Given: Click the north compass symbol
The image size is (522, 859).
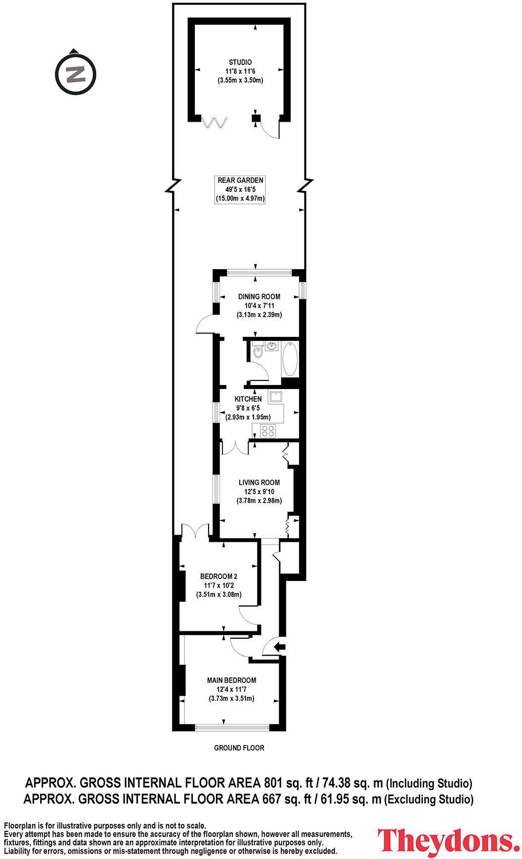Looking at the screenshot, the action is (x=75, y=74).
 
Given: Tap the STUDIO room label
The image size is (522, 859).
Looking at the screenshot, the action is (x=240, y=62).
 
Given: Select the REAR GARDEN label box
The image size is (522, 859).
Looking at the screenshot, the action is (x=240, y=190).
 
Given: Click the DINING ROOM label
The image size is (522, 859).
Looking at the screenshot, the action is (x=259, y=296).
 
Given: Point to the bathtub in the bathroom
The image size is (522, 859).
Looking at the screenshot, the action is (x=290, y=358).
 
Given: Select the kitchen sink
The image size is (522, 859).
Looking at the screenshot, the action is (x=275, y=396).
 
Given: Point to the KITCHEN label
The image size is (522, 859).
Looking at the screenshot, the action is (x=248, y=399).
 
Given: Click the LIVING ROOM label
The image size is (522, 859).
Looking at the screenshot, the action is (x=259, y=482).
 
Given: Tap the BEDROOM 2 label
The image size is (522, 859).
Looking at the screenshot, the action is (x=218, y=576).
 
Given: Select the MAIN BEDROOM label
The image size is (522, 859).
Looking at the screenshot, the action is (x=231, y=680).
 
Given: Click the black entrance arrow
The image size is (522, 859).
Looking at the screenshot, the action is (x=280, y=646).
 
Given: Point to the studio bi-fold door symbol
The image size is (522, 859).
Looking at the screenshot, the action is (x=214, y=123).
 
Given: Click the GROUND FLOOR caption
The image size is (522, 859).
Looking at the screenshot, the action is (x=239, y=748).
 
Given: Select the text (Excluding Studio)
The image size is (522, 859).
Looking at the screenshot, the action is (x=429, y=799).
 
